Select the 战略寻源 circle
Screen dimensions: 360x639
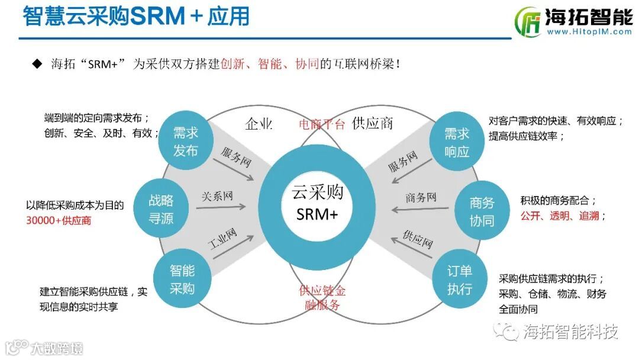coord(161,210)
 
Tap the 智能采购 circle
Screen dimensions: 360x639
coord(182,279)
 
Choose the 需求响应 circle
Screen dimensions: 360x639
coord(456,142)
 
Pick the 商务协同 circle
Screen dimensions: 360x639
coord(482,211)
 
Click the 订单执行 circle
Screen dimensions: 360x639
coord(460,280)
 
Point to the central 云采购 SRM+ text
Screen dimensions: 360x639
coord(317,202)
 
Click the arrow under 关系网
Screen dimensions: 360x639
coord(221,207)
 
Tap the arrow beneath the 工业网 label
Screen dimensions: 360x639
coord(231,246)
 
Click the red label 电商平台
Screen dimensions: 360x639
coord(321,124)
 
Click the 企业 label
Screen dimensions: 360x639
coord(259,124)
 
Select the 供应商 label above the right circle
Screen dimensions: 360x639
coord(372,124)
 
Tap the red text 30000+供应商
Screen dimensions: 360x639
coord(59,220)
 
